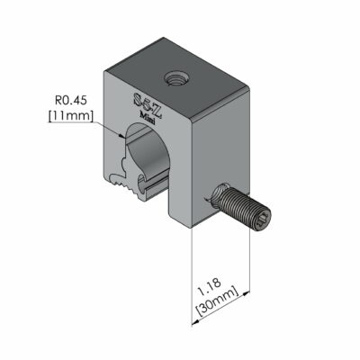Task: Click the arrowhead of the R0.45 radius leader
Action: pos(123,136)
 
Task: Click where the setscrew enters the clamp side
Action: pos(218,197)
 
